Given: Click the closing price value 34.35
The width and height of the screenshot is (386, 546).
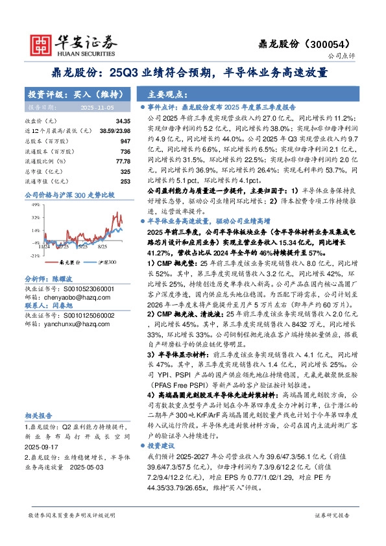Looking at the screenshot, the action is [x=123, y=121].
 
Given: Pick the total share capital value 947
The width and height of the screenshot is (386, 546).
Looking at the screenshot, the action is [x=126, y=140].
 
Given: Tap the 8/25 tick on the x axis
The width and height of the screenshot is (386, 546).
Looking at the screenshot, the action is [x=103, y=246].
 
